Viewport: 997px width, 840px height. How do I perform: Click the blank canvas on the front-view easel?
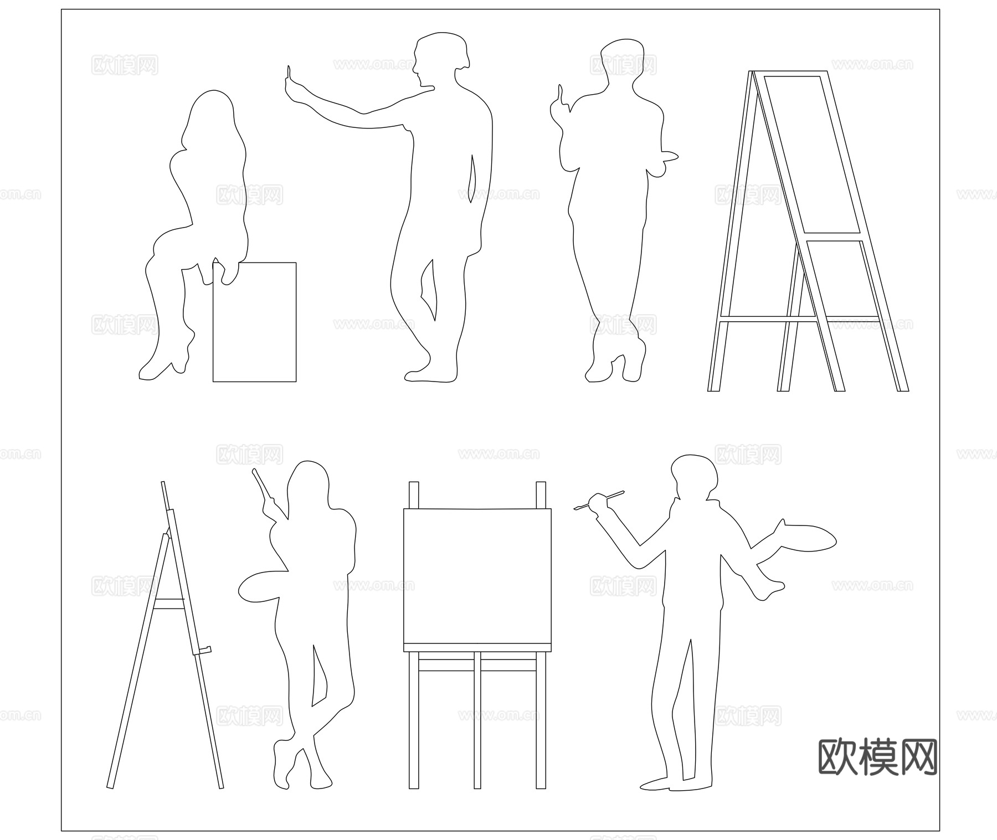[477, 576]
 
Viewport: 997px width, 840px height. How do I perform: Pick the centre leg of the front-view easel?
[477, 720]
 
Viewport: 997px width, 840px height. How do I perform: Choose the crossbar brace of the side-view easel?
[169, 604]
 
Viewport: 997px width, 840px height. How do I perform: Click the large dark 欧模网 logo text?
[878, 757]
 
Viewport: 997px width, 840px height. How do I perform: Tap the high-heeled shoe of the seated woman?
[166, 365]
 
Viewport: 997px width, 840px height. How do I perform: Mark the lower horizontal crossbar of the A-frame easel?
[798, 319]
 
